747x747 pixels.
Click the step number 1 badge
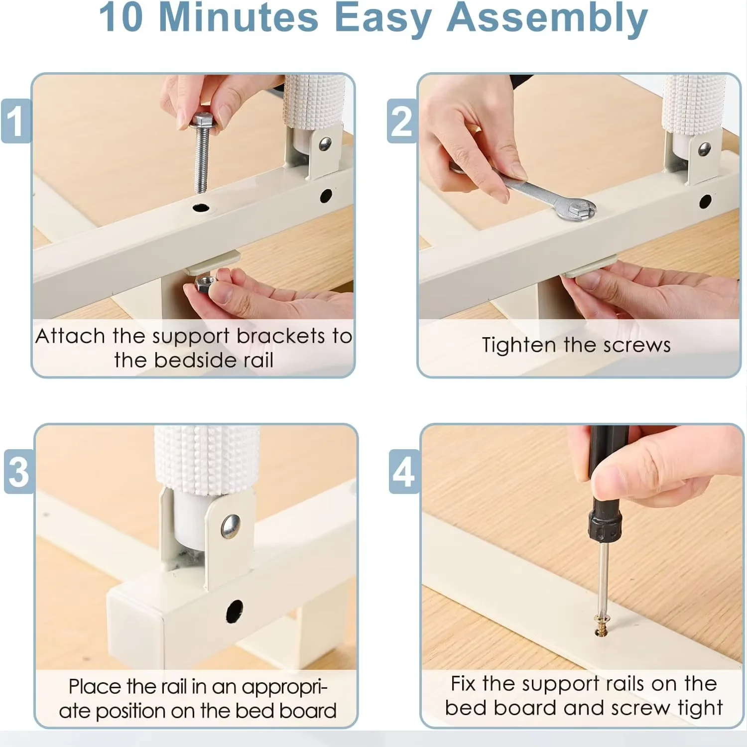tap(16, 121)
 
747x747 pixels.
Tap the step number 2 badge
tap(402, 121)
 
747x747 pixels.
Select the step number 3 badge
tap(19, 471)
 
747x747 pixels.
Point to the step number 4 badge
tap(404, 471)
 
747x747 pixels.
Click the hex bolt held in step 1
tap(202, 152)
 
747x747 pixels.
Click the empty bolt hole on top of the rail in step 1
tap(202, 208)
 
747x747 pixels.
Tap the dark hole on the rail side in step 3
tap(234, 611)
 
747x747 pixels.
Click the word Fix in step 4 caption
tap(463, 683)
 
